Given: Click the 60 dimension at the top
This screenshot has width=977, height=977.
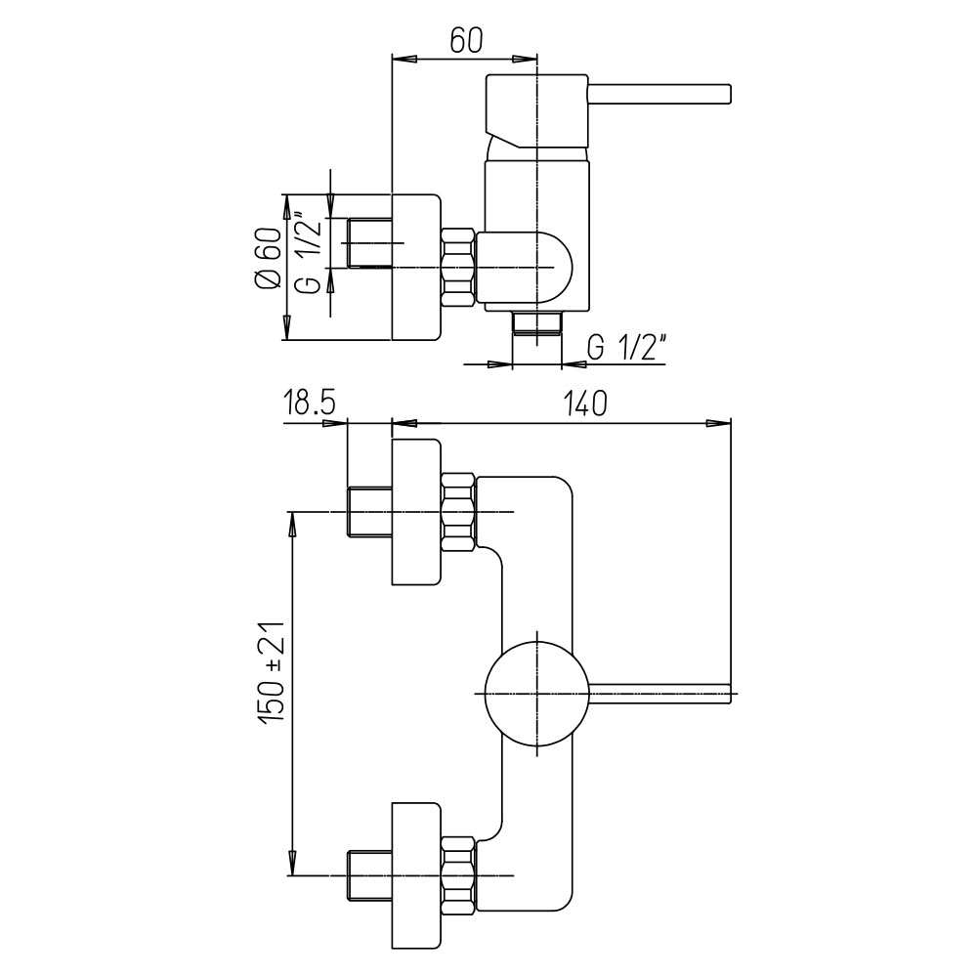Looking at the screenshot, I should point(467,40).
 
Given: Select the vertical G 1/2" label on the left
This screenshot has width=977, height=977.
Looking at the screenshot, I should point(307,254).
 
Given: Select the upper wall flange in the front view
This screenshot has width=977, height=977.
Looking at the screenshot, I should point(415,512).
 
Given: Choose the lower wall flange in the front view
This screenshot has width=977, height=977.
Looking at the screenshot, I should point(415,874).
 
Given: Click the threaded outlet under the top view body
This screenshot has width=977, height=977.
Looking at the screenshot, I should point(536,323).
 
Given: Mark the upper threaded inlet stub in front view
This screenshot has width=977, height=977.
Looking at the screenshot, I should point(369,511).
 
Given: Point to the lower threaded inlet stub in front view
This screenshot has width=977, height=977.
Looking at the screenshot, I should point(369,874).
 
